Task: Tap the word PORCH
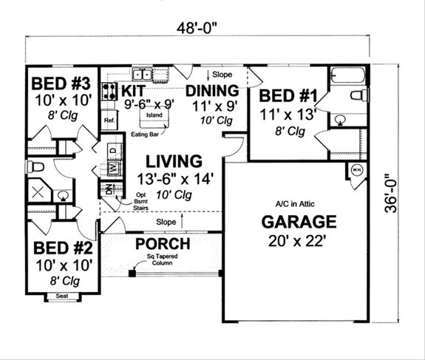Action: [x=162, y=244]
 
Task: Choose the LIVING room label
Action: [x=173, y=160]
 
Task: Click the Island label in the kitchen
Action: [x=154, y=116]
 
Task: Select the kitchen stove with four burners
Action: [x=109, y=92]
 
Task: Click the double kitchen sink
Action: [x=142, y=74]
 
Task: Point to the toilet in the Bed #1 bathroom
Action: [x=358, y=95]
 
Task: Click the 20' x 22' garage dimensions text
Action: [x=297, y=239]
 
